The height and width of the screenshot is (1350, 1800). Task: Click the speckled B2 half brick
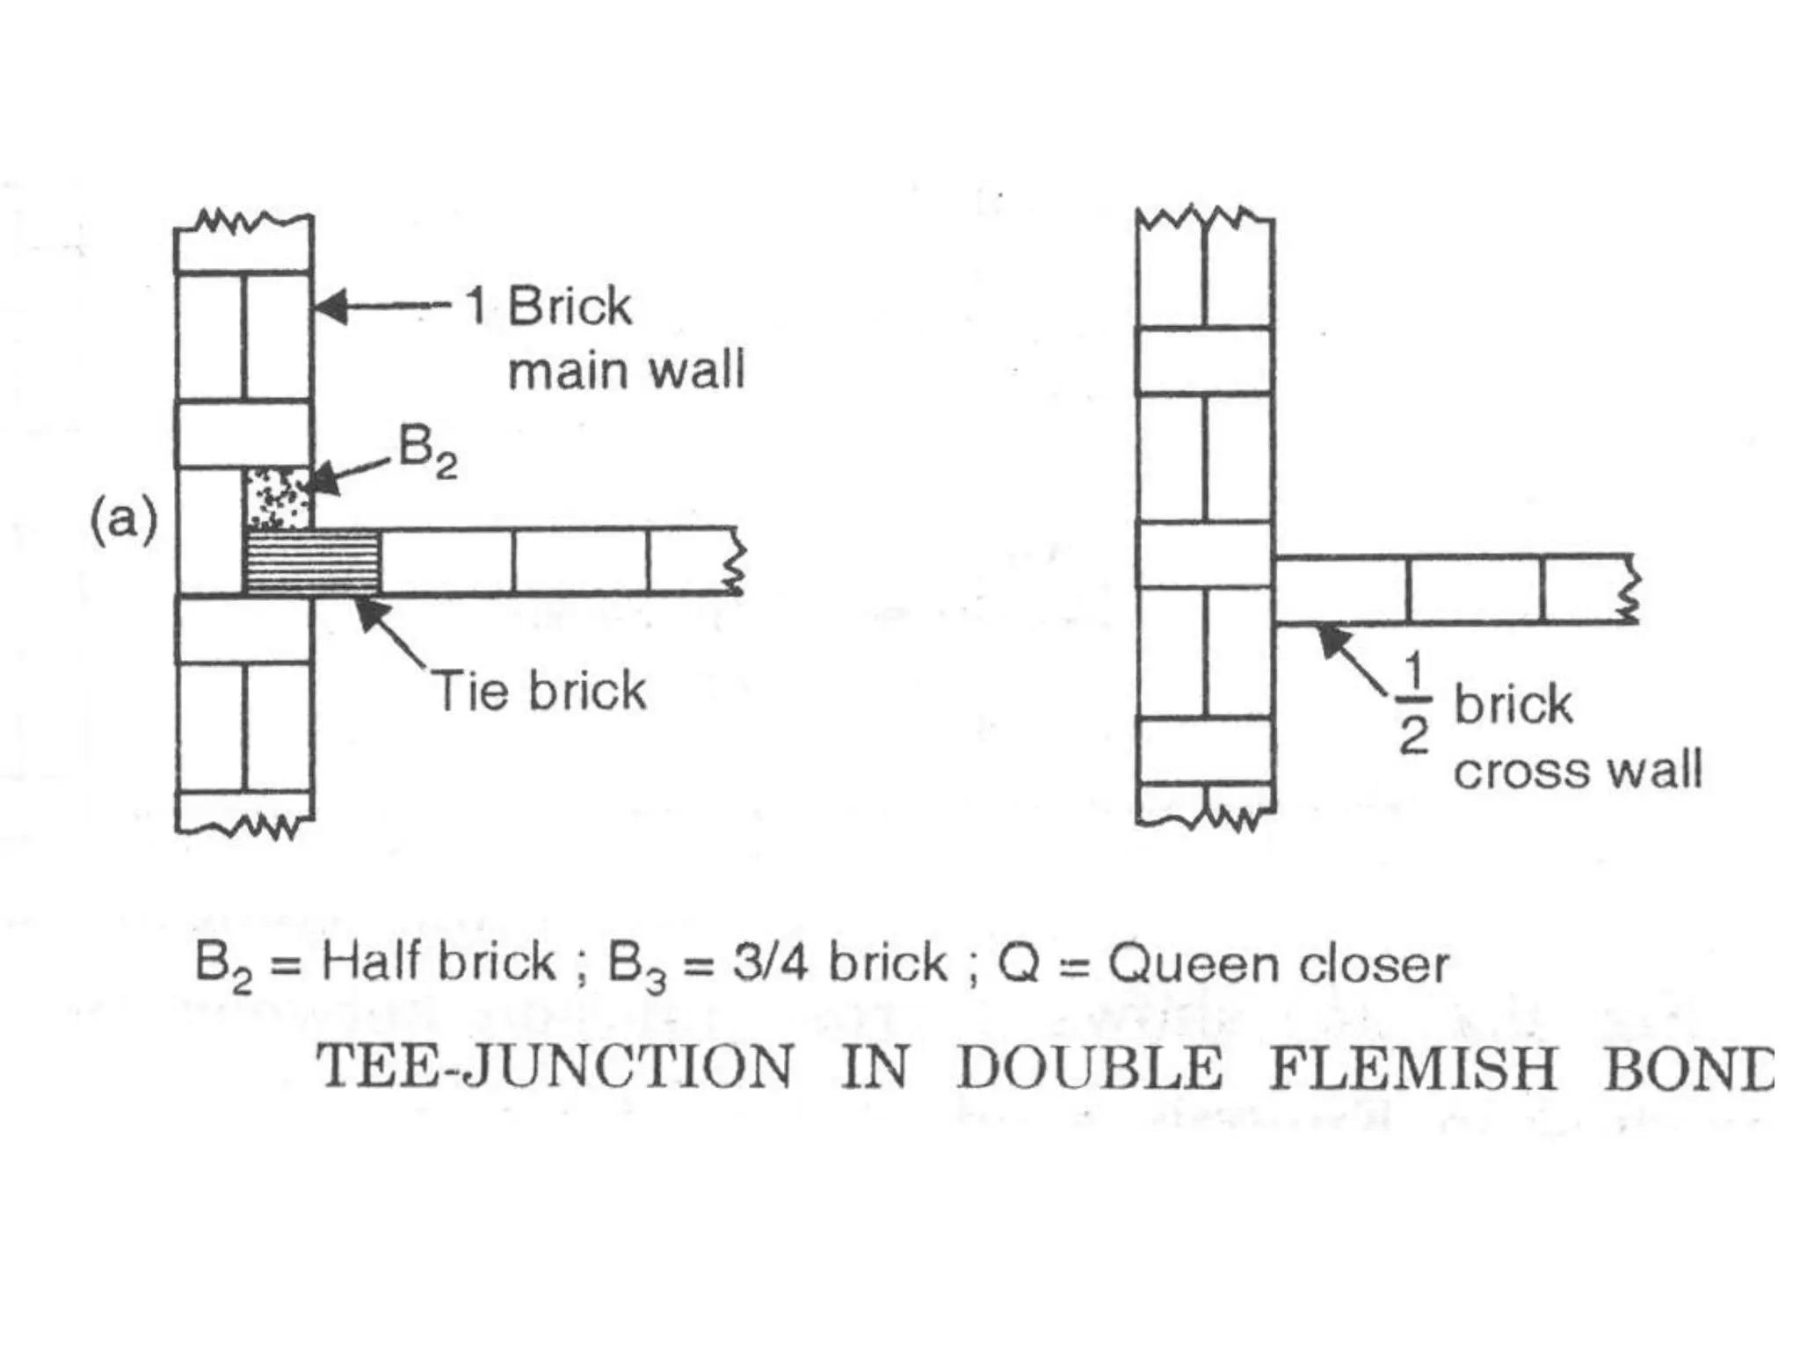point(277,498)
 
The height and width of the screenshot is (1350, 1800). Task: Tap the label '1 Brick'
point(549,307)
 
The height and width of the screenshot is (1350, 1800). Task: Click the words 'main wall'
point(626,370)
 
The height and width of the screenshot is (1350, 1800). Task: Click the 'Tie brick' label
point(541,691)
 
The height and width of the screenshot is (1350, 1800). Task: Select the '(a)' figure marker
point(124,519)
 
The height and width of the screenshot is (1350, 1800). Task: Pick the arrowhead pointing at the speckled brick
point(323,479)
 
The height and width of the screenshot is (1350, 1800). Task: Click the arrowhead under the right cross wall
point(1334,639)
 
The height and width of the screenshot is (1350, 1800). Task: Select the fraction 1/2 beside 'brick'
point(1412,703)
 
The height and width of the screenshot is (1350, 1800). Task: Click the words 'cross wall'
point(1578,771)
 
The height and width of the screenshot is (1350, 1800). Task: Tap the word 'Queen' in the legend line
point(1194,964)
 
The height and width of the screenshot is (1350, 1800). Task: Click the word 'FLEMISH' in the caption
point(1412,1068)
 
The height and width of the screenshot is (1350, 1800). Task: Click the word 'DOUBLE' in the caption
point(1090,1068)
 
